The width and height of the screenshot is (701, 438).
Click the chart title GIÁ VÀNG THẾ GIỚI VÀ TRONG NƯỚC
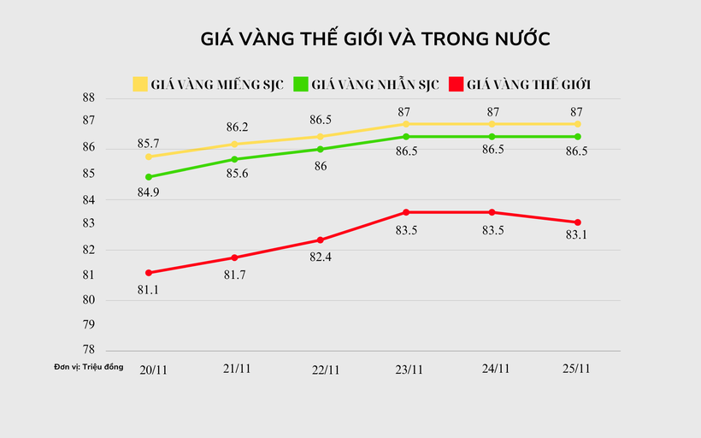click(375, 39)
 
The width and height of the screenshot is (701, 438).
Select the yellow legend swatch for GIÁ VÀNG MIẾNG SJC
click(140, 84)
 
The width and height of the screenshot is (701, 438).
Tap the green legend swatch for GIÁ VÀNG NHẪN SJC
click(300, 84)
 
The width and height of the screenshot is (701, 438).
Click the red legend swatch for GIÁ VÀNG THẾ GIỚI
click(455, 84)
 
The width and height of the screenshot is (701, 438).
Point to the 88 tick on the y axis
click(88, 98)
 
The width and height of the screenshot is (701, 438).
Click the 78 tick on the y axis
click(88, 350)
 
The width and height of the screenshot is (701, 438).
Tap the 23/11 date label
click(408, 369)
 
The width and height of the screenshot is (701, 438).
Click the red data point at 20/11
click(149, 273)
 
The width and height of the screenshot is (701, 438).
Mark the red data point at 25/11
click(579, 222)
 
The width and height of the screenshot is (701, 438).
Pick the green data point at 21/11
click(235, 159)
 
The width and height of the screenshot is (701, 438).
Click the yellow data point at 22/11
click(321, 136)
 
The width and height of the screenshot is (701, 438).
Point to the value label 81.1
click(149, 289)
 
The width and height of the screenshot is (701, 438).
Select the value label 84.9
click(149, 192)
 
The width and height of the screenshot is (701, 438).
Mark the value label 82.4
click(321, 256)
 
